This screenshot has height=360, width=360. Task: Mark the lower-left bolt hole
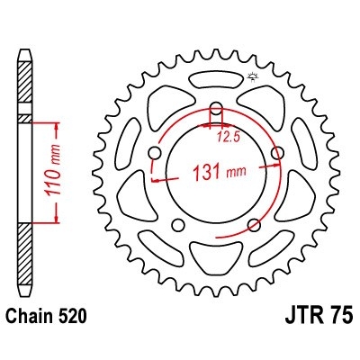179,224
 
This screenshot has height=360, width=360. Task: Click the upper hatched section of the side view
24,90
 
